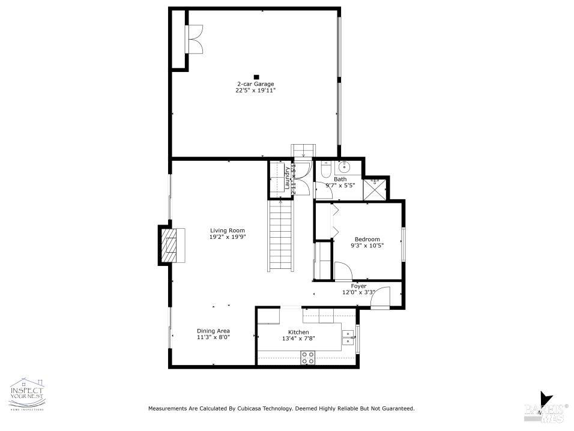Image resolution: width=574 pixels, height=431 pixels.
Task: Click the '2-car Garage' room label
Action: click(x=255, y=84)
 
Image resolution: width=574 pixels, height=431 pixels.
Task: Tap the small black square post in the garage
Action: click(x=256, y=77)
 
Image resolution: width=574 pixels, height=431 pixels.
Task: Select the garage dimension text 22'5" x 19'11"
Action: click(x=255, y=91)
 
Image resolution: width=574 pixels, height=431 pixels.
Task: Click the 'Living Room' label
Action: click(x=228, y=231)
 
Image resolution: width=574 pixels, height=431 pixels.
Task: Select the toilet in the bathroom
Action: click(x=324, y=171)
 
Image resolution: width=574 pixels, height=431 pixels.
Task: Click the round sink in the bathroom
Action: click(x=343, y=167)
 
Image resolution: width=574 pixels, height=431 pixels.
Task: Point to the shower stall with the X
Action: click(x=375, y=188)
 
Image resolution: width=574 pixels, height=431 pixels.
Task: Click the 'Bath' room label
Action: click(x=340, y=179)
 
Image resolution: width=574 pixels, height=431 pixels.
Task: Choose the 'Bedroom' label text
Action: click(x=367, y=239)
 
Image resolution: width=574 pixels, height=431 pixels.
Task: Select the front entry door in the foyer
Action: click(x=381, y=298)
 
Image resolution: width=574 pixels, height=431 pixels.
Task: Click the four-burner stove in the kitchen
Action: click(x=308, y=358)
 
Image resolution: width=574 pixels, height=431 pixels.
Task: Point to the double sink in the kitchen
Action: click(x=348, y=339)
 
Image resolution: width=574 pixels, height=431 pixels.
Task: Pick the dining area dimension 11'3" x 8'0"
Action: click(x=213, y=337)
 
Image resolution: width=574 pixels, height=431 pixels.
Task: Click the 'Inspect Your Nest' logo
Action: click(x=27, y=395)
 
